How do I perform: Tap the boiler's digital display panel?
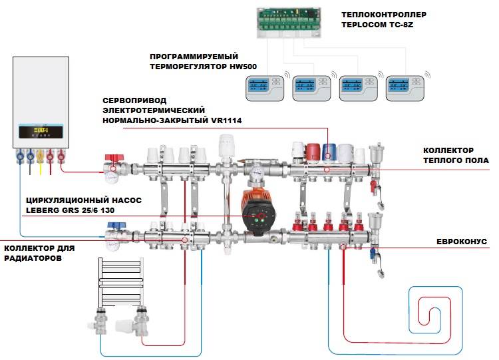pos(44,131)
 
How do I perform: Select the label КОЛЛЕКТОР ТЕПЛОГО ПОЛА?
pos(456,156)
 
